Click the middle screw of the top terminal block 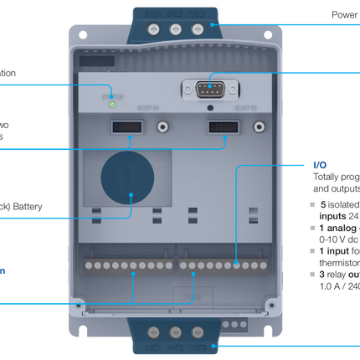coord(177,28)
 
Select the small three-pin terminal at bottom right coord(236,323)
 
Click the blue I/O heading coord(320,165)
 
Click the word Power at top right coord(344,14)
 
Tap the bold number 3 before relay coord(321,274)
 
